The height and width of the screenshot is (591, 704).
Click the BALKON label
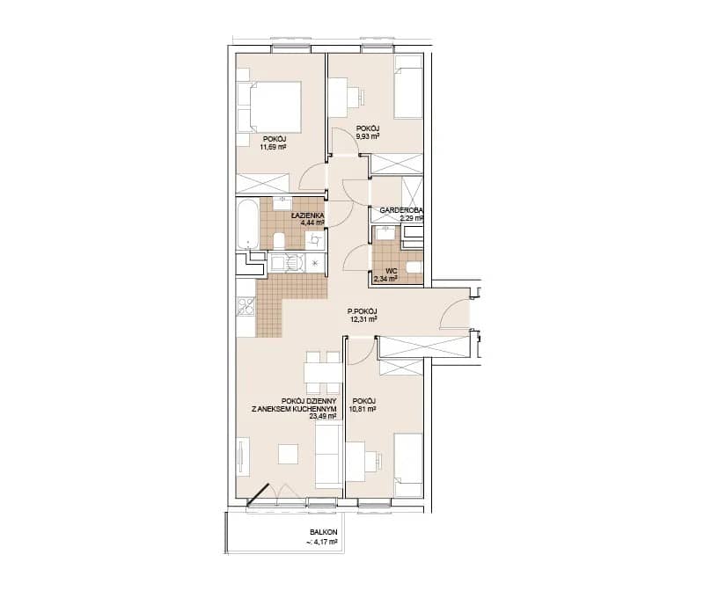click(323, 532)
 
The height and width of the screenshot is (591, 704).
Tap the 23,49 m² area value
click(323, 416)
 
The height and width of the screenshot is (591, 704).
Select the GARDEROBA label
click(401, 210)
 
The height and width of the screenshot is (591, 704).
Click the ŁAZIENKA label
click(307, 215)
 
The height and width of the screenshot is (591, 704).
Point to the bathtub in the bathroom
click(247, 224)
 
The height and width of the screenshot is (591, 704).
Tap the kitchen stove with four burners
click(246, 308)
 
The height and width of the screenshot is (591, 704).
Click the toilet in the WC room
click(414, 267)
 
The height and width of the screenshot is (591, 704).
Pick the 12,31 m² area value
click(363, 319)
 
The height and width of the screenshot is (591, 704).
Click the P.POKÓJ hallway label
click(363, 311)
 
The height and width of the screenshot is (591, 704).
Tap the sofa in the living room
click(329, 456)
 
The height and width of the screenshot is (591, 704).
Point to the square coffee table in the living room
click(289, 454)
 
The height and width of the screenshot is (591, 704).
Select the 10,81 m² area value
click(363, 409)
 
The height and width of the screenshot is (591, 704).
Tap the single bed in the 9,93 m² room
click(408, 87)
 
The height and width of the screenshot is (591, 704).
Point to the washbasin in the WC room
click(385, 233)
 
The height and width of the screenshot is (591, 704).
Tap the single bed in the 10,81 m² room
click(408, 465)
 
